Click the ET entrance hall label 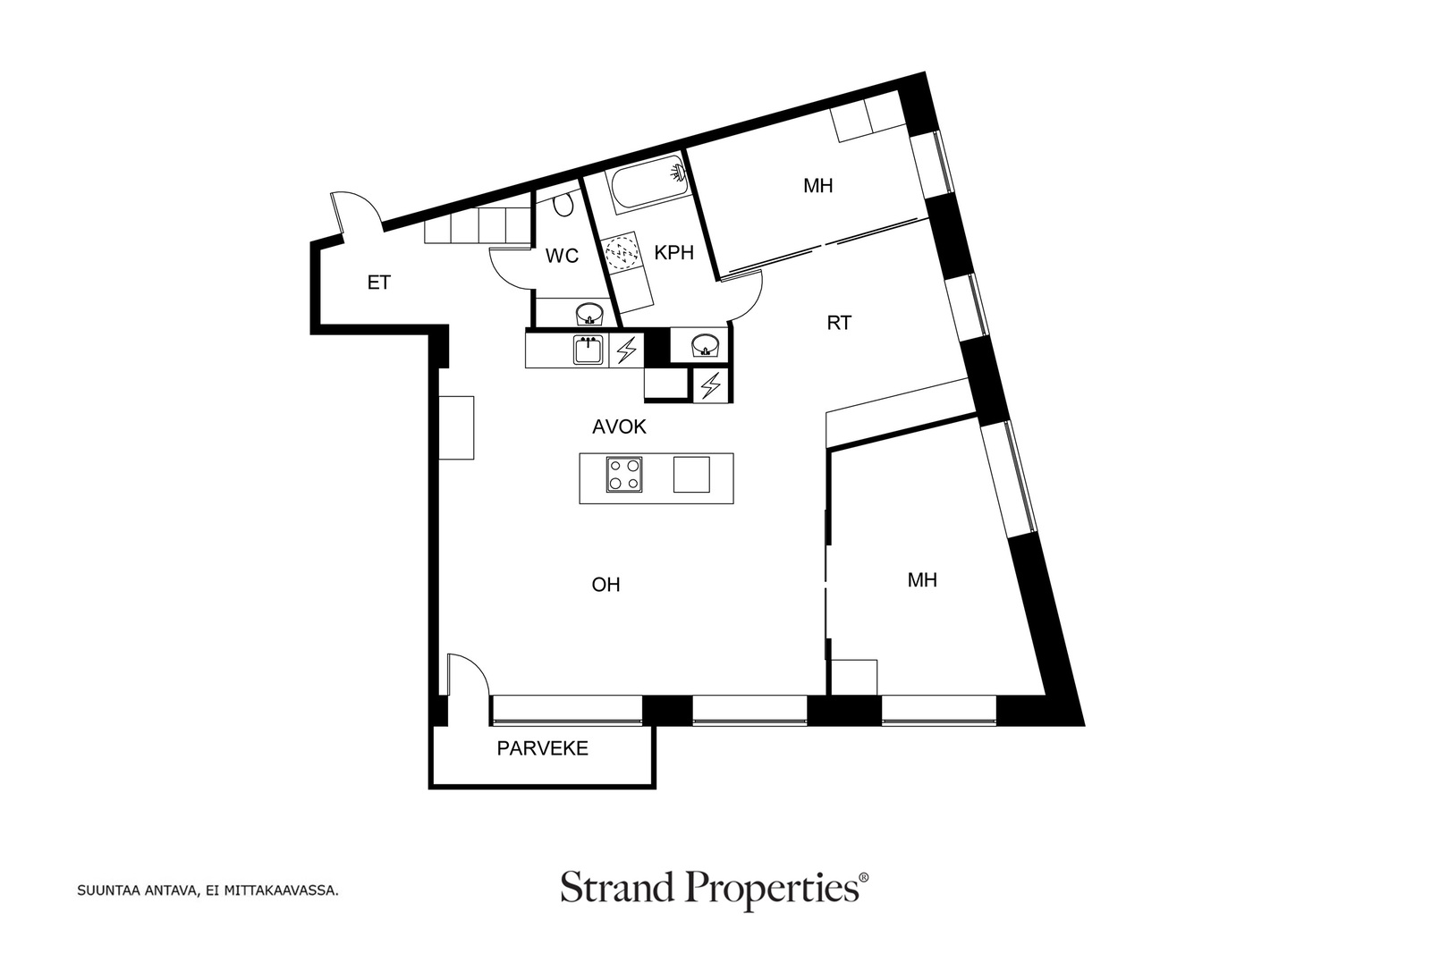379,283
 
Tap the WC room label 563,256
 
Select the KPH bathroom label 674,253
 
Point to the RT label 839,323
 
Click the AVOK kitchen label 619,426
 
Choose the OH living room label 605,584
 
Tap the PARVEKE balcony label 542,748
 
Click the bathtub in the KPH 649,182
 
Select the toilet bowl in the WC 563,205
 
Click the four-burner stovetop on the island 624,475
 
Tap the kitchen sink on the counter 588,350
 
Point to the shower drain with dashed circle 622,251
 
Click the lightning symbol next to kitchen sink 626,350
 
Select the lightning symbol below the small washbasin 710,385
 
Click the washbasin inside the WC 589,314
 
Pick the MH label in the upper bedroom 817,186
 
